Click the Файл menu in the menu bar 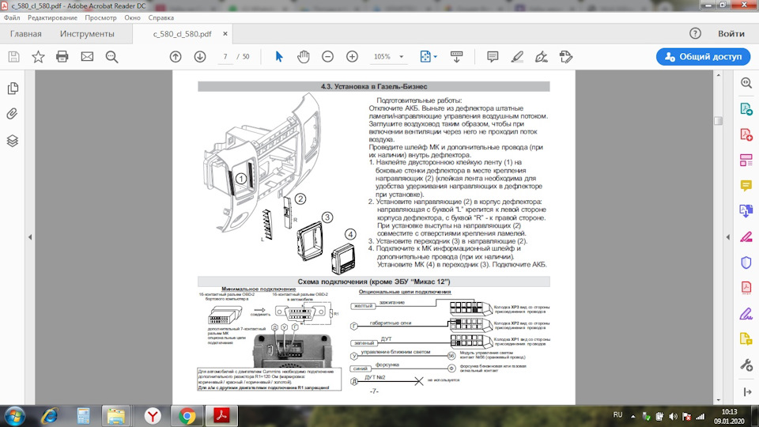tap(12, 17)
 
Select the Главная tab tap(25, 34)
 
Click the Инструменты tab tap(87, 34)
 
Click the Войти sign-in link tap(731, 34)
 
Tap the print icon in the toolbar tap(62, 56)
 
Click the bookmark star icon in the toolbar tap(38, 56)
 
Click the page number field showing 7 tap(226, 57)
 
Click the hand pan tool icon tap(304, 56)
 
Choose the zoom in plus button tap(352, 56)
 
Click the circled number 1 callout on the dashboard tap(240, 179)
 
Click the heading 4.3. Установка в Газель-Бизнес tap(373, 86)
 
